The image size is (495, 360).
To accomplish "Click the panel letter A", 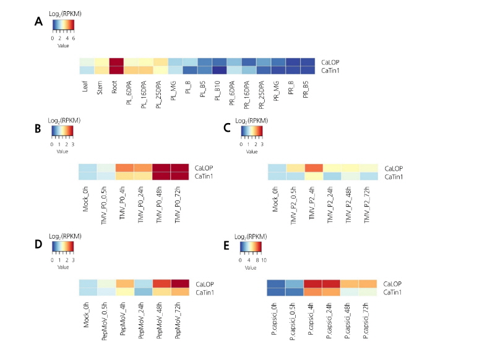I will tap(38, 22).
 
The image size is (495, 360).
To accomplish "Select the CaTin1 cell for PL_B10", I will tap(220, 71).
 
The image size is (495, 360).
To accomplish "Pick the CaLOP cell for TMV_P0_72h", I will tap(179, 168).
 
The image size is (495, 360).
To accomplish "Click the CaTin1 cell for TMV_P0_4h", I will tap(126, 177).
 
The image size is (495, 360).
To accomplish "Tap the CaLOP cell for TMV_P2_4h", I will tap(313, 168).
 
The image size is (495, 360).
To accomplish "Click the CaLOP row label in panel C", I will tap(393, 168).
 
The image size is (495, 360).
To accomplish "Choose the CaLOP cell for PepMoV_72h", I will tap(179, 283).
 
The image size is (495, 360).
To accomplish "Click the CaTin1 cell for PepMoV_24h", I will tap(144, 292).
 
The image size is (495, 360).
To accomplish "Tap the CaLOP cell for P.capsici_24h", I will tap(331, 283).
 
